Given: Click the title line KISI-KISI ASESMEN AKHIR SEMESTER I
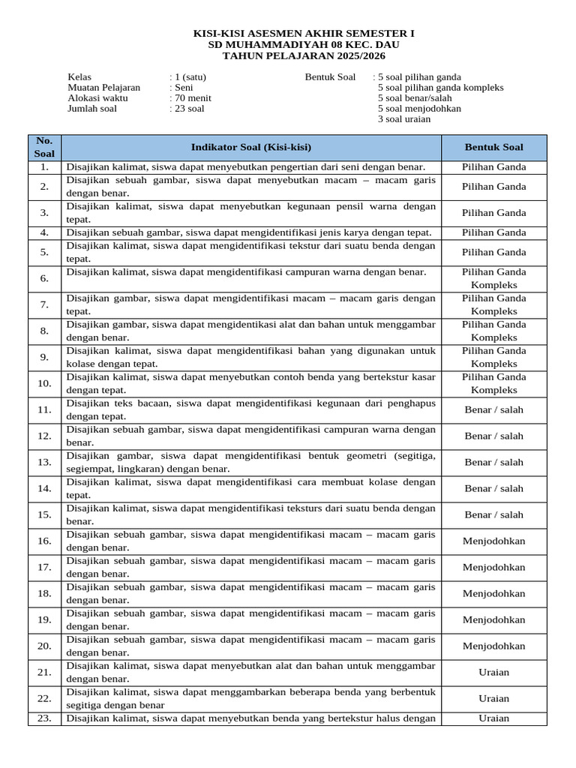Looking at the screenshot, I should [x=304, y=34].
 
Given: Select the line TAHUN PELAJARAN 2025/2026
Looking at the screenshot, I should [x=304, y=56].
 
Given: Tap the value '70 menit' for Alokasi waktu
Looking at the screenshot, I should [x=193, y=97].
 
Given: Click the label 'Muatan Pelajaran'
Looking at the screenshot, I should [x=104, y=87].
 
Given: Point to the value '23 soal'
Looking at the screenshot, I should [x=189, y=108].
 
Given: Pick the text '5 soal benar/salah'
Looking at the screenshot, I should [x=415, y=97].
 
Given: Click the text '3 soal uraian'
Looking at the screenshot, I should [x=404, y=118].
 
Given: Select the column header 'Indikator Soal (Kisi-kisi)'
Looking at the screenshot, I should [x=251, y=147].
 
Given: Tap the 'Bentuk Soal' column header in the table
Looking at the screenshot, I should [x=493, y=147].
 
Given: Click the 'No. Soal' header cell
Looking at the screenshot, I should [x=44, y=147].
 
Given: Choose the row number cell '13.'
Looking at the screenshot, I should [x=44, y=462].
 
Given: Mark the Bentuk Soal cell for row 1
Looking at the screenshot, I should [x=493, y=166].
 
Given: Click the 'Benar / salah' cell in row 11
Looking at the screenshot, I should [x=493, y=409].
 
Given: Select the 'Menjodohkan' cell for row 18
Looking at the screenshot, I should [x=493, y=593].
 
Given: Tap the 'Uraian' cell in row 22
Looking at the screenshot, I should [x=493, y=698].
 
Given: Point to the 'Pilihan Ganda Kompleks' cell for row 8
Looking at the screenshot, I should [x=493, y=331].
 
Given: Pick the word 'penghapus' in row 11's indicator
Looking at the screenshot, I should [x=411, y=403].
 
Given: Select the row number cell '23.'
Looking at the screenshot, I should [x=44, y=718].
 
